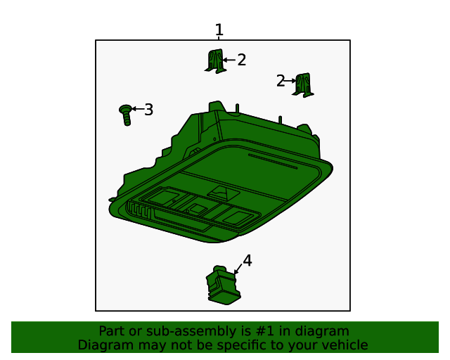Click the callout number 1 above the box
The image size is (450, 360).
pos(219,30)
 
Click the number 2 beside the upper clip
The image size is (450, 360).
pos(242,60)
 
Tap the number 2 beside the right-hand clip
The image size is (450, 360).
pos(281,81)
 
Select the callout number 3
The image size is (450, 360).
pos(148,110)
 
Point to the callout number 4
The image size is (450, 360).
pos(247,260)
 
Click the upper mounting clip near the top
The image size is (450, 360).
pos(215,61)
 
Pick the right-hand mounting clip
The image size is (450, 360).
pos(303,85)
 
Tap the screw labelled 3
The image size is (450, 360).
pos(126,115)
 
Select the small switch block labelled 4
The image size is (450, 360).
pos(224,285)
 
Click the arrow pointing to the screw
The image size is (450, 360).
pos(138,109)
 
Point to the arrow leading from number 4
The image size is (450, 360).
pos(238,269)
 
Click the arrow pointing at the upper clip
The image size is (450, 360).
pos(229,60)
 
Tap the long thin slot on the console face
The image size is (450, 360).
pos(273,162)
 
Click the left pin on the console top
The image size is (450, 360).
pos(238,109)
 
